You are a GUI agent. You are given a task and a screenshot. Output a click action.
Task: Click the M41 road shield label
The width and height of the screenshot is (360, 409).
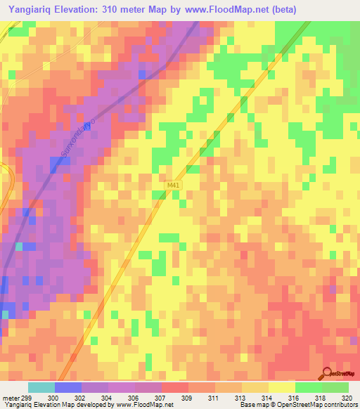tap(173, 185)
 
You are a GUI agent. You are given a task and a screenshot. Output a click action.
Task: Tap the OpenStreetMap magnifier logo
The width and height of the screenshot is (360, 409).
tap(328, 372)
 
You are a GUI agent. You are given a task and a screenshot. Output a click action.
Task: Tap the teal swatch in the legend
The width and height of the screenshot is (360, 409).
tap(41, 387)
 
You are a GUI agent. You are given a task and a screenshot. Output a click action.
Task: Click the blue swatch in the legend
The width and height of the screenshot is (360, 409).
tap(68, 387)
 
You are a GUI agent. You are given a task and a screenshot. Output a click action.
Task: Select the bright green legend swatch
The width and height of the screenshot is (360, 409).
tap(309, 387)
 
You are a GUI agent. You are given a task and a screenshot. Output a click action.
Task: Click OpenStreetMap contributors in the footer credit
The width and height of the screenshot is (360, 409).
tap(316, 405)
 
